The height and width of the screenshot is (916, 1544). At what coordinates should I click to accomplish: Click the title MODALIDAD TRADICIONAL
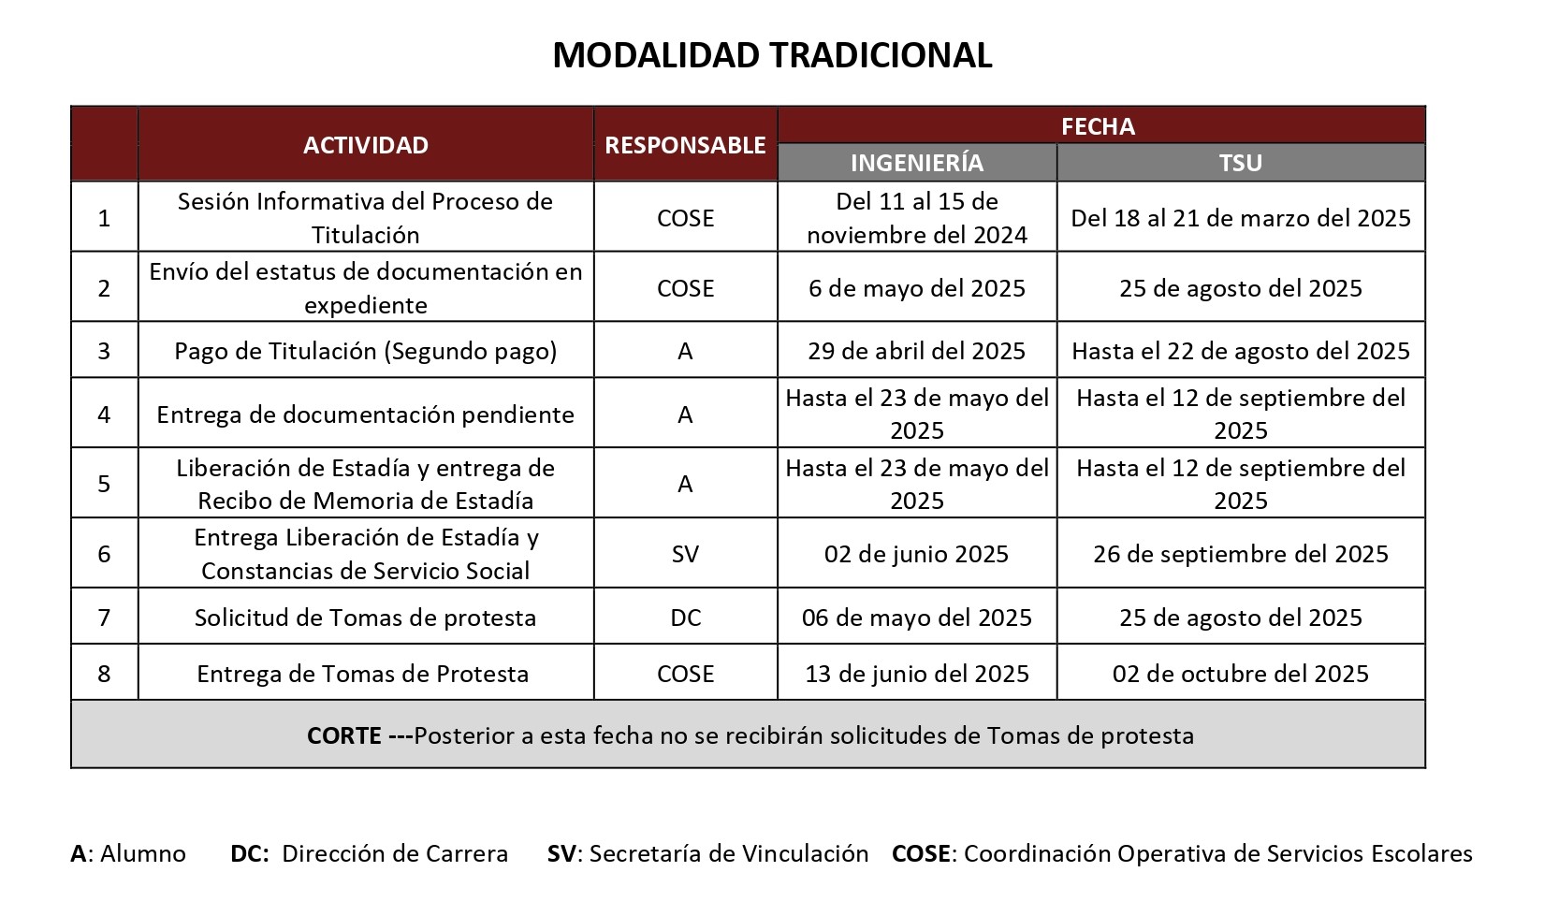point(772,55)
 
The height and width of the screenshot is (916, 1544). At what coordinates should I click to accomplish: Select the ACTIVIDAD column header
point(366,145)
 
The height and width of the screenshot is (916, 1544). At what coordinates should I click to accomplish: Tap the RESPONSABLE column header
point(685,145)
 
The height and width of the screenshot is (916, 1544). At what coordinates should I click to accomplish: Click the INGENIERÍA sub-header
point(917,163)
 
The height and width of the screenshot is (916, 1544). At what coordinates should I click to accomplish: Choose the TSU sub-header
point(1241,163)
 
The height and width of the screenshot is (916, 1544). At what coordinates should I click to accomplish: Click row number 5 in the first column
point(104,484)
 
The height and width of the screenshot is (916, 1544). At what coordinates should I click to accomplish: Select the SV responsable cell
point(685,554)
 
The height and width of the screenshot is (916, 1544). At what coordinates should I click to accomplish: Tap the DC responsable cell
point(685,618)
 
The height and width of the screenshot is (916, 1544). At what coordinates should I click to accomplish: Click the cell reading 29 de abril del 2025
point(917,351)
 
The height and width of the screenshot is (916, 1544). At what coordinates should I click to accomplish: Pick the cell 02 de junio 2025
point(917,554)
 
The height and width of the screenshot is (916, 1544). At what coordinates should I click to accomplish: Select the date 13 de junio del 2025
point(917,674)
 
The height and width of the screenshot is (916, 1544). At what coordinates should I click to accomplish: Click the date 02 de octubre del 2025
point(1241,674)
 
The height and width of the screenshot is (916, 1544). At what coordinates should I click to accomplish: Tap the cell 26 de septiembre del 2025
point(1241,554)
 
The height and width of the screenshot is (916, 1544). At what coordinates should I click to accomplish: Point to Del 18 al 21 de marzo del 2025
point(1241,218)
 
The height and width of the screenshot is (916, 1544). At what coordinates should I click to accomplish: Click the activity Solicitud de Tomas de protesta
point(366,618)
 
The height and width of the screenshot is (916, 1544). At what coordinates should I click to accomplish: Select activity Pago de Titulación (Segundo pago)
point(366,351)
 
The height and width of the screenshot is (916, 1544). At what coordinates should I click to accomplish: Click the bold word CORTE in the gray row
point(343,735)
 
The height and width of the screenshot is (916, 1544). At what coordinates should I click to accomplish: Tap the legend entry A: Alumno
point(128,853)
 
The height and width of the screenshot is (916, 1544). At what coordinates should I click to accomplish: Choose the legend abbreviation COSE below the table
point(922,853)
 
